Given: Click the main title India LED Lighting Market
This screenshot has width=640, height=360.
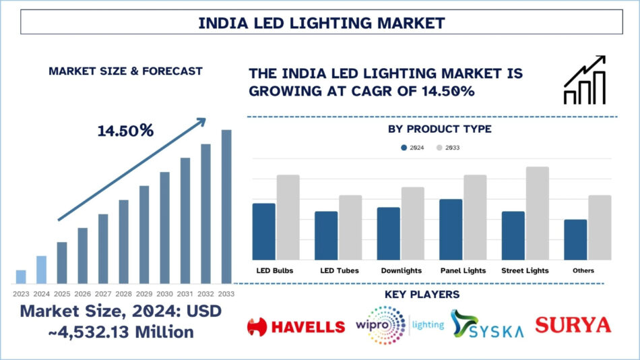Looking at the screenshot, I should tap(321, 22).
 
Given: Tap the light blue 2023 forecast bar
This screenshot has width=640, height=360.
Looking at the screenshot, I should tap(21, 276).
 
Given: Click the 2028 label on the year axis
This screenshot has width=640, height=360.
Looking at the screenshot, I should tap(123, 293).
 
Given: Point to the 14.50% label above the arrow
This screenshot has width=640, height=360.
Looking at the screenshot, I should tap(125, 131).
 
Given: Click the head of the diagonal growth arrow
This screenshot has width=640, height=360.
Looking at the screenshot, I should tap(201, 121).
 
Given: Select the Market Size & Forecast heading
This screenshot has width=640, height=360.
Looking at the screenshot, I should tap(125, 71).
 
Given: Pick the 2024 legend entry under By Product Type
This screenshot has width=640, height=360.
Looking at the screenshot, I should tap(412, 147).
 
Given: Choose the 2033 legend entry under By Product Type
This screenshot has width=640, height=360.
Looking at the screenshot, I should tap(447, 147).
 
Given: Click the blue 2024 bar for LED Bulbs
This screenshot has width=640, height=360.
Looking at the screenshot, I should tap(264, 231).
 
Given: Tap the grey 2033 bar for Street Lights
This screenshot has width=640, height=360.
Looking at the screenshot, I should tap(538, 213).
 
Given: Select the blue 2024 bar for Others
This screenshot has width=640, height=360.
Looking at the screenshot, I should tap(575, 239).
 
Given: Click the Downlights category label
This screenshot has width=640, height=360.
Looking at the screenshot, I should tap(400, 270).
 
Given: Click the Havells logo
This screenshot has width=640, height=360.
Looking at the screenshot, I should tap(296, 327).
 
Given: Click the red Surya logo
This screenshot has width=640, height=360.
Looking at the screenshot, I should tap(573, 325).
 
